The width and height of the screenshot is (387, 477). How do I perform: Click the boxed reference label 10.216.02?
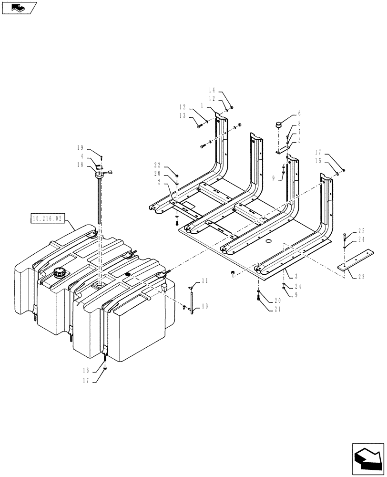[46, 218]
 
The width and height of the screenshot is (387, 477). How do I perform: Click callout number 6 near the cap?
[299, 114]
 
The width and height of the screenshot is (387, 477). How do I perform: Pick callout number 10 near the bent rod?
[205, 307]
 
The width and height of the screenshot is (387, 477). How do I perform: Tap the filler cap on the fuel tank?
[60, 275]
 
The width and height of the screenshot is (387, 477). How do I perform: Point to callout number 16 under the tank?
[86, 370]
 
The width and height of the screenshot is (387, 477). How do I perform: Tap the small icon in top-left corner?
[19, 7]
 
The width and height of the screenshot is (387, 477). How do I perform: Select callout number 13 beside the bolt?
[183, 116]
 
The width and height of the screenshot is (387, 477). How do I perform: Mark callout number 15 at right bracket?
[318, 161]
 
